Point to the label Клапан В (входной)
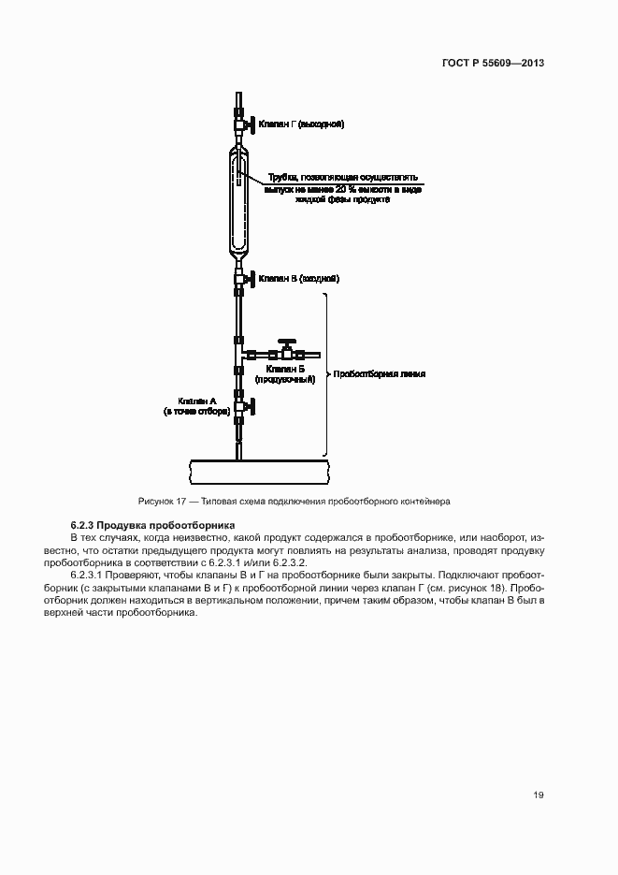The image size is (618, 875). click(298, 279)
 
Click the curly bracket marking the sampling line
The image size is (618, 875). click(326, 374)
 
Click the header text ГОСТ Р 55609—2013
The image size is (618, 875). click(494, 63)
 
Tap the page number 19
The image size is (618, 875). click(539, 795)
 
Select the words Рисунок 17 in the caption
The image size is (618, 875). click(161, 501)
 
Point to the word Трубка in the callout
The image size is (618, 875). click(282, 177)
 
